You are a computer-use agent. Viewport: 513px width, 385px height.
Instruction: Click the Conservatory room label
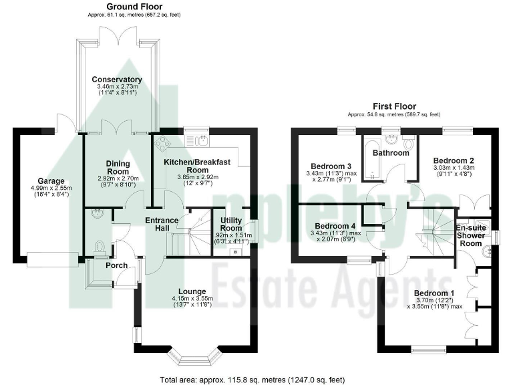(117, 80)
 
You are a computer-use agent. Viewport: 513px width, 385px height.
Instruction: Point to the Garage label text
(51, 180)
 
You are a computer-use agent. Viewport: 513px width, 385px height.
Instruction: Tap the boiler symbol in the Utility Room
(236, 252)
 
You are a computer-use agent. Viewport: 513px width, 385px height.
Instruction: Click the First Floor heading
(393, 106)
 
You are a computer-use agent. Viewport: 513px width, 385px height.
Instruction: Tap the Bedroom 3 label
(332, 166)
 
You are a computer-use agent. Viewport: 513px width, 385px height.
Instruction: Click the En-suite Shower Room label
(470, 235)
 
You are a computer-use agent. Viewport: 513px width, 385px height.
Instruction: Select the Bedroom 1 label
(434, 293)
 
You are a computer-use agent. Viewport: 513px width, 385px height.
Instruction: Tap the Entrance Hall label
(163, 225)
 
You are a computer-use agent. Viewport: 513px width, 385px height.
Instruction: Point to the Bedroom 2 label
(454, 160)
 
